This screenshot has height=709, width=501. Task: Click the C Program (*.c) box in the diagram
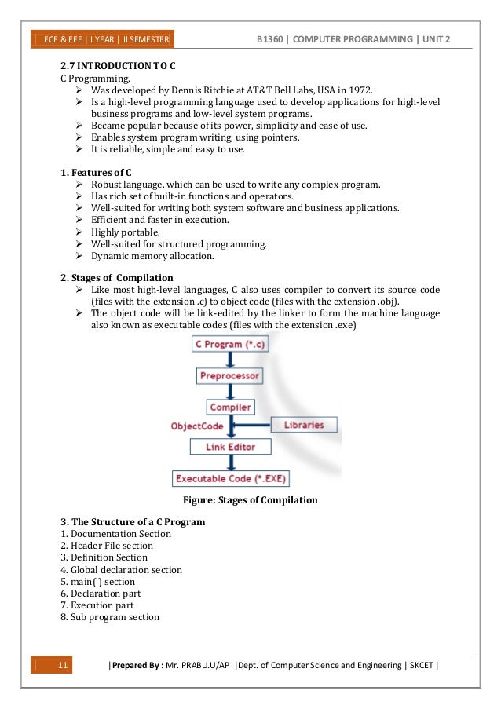[x=230, y=345]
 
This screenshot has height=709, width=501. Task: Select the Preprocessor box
[x=229, y=376]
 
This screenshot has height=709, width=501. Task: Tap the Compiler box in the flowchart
[x=230, y=407]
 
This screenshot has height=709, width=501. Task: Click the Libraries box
[x=303, y=425]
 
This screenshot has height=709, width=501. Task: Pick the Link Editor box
[x=230, y=447]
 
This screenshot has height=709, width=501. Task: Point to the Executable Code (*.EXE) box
[x=230, y=478]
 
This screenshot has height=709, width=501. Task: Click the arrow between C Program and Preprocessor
[x=229, y=360]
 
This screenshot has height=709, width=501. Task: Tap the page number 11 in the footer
[x=64, y=667]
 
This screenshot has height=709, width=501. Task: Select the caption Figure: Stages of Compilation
[x=249, y=500]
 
